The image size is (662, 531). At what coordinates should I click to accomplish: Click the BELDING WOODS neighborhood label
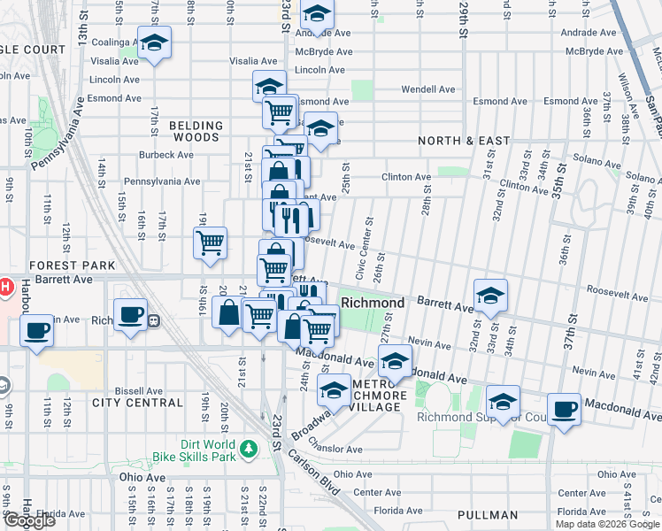click(x=194, y=132)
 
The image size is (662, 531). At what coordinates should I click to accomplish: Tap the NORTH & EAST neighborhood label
click(x=464, y=141)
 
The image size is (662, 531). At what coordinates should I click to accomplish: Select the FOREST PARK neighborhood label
click(x=73, y=265)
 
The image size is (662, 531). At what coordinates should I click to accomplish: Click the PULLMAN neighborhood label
click(x=488, y=515)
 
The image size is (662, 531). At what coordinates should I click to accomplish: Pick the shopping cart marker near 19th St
click(x=210, y=242)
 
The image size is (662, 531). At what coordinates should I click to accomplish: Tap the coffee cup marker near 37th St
click(x=564, y=409)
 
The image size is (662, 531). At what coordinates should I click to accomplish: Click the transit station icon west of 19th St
click(x=153, y=320)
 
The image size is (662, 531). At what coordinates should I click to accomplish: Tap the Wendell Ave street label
click(x=427, y=89)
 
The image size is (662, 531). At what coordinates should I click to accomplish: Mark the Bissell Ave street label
click(x=139, y=390)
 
